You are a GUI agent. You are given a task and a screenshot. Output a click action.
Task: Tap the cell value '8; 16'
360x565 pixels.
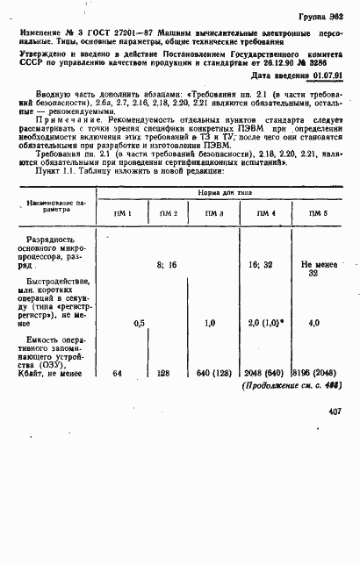(167, 263)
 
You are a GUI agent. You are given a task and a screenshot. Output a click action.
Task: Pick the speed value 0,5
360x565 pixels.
(138, 323)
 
